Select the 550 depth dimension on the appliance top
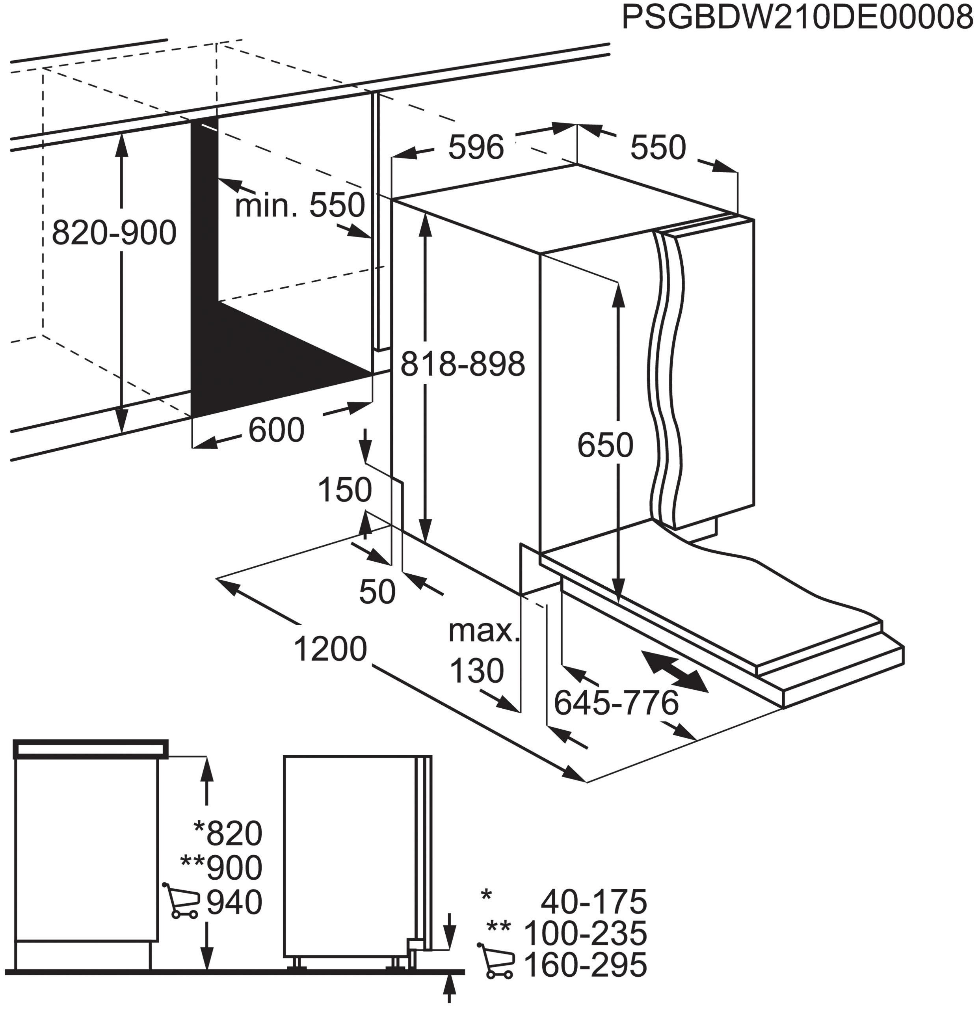(658, 147)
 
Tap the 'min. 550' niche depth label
(299, 205)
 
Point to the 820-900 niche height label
(114, 233)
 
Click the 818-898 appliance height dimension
(462, 364)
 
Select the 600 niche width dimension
(276, 430)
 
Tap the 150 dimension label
(344, 490)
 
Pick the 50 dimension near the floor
(377, 592)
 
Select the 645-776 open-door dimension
(616, 703)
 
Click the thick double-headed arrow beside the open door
(674, 671)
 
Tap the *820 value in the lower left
(228, 834)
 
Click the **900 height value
(221, 868)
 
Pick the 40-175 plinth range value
(593, 901)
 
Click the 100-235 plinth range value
(585, 933)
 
